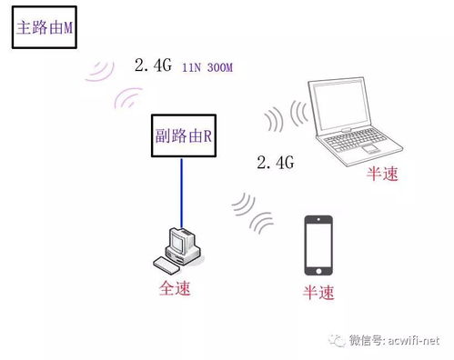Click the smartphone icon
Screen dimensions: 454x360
coord(318,244)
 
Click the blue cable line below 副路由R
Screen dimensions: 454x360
coord(182,192)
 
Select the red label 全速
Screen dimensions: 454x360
coord(177,290)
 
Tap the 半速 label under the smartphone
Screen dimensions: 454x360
coord(318,293)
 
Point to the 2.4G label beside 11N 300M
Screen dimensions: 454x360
coord(154,65)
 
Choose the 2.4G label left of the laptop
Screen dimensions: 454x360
coord(277,163)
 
